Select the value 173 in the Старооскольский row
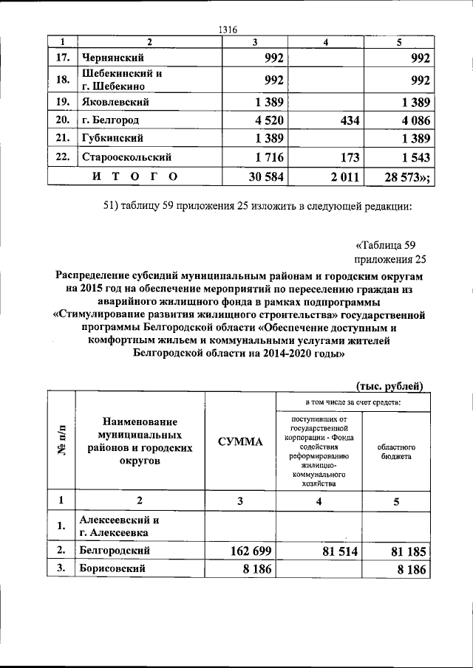(x=344, y=156)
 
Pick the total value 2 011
(x=341, y=176)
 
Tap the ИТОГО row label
(x=134, y=176)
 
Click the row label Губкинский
(x=113, y=138)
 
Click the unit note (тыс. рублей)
(x=389, y=385)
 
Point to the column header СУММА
(x=240, y=441)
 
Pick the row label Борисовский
(x=114, y=568)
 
